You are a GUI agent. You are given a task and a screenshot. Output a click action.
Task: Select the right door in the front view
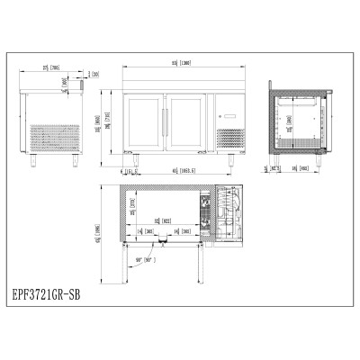187,117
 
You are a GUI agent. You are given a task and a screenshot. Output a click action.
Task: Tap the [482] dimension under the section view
305,168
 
